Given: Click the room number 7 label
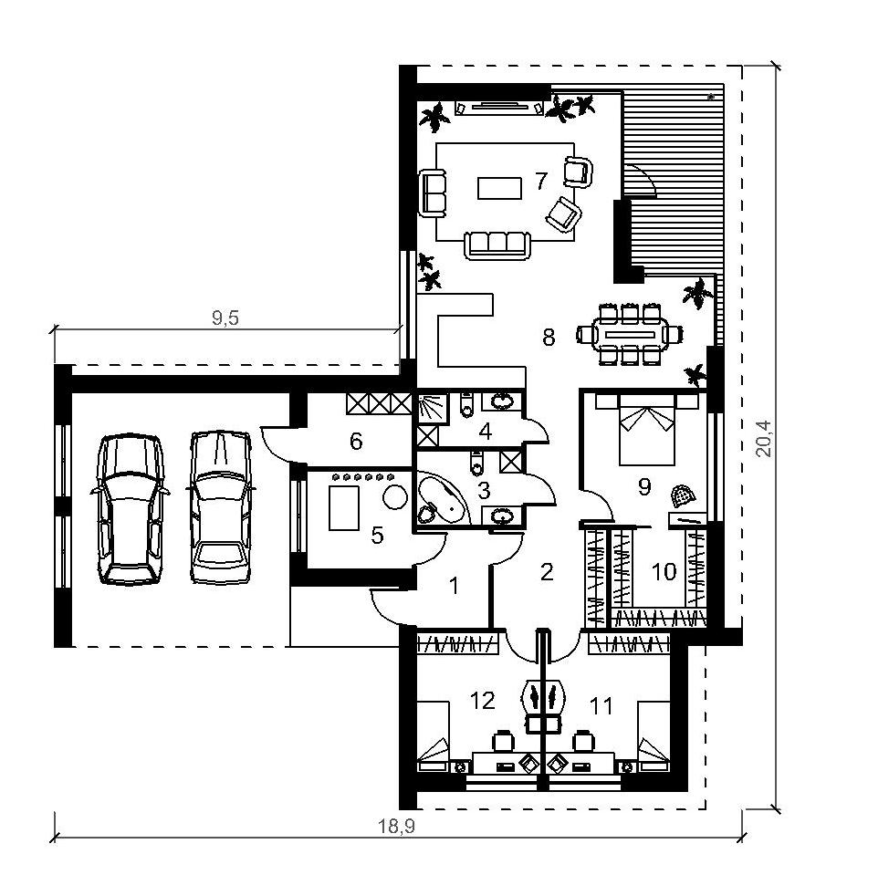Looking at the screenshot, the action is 541,181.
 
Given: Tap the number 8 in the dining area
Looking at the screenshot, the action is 549,338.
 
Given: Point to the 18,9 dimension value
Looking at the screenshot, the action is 396,826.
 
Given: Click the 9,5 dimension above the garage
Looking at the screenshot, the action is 225,318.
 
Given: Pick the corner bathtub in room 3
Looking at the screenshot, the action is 442,499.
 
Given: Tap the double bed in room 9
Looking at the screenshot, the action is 647,431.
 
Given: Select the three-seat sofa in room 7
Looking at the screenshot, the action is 497,245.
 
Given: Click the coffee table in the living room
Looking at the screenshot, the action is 499,187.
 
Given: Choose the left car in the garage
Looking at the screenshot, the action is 130,509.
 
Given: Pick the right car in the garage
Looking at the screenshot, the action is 220,507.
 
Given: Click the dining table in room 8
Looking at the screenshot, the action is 630,334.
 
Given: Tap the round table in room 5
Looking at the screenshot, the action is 394,496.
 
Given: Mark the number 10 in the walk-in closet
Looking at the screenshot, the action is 664,571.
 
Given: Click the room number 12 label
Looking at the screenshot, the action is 482,700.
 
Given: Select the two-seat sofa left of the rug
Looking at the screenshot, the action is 433,193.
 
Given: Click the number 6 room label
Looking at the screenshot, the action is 356,441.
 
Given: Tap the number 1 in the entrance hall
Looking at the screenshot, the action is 454,586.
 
